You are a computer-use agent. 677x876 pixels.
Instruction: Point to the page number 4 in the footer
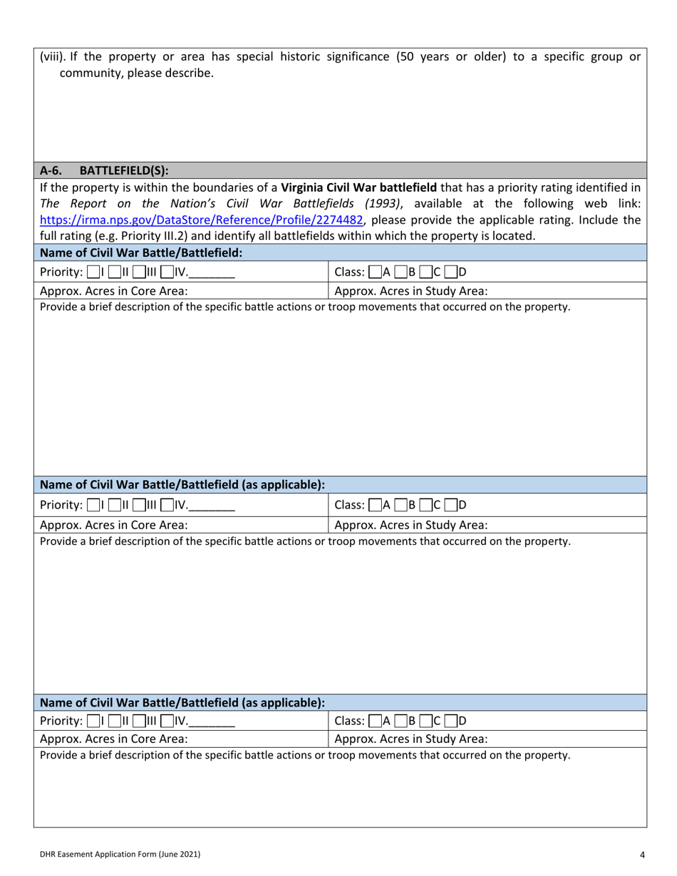tap(642, 854)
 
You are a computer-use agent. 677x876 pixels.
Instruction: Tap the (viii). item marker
tap(53, 57)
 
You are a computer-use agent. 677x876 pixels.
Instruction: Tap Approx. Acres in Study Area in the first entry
tap(411, 290)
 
